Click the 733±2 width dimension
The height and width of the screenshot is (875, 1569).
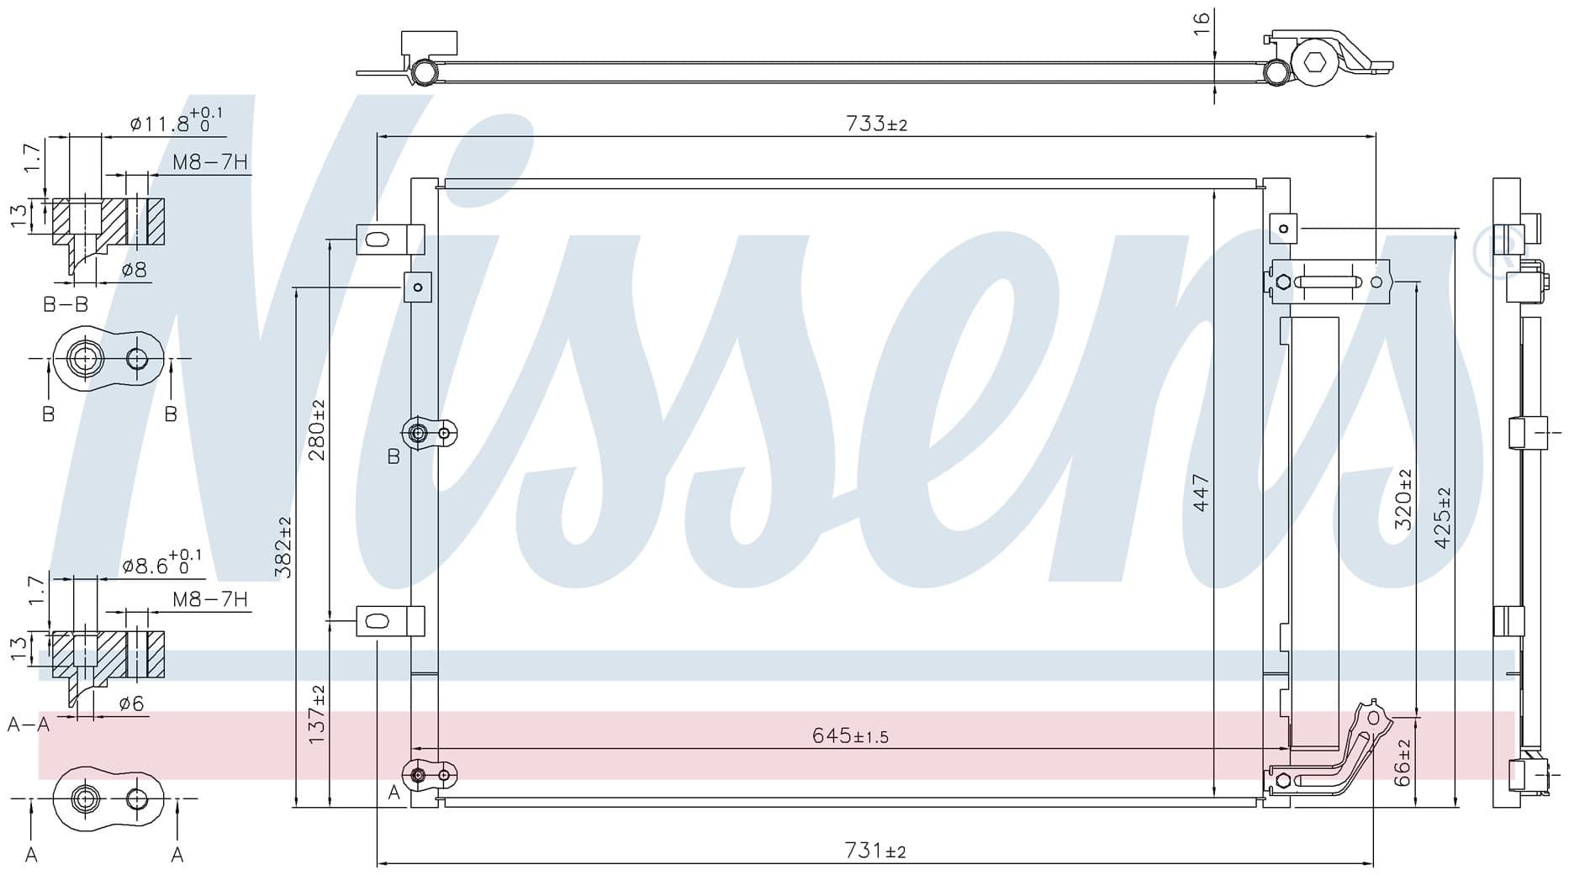click(x=876, y=124)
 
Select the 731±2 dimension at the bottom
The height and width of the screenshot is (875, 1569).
click(x=875, y=851)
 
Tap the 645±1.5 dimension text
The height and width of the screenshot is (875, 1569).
click(x=850, y=736)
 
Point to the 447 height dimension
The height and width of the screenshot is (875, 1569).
click(x=1200, y=493)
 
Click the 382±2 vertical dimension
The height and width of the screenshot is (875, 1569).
click(x=283, y=547)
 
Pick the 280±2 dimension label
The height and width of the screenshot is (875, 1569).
click(x=316, y=430)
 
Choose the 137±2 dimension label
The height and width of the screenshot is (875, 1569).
click(x=316, y=714)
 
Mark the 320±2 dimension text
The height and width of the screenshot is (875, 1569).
click(x=1403, y=499)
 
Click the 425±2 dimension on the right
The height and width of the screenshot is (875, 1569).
click(x=1443, y=518)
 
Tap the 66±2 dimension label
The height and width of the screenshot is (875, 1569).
click(x=1403, y=762)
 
